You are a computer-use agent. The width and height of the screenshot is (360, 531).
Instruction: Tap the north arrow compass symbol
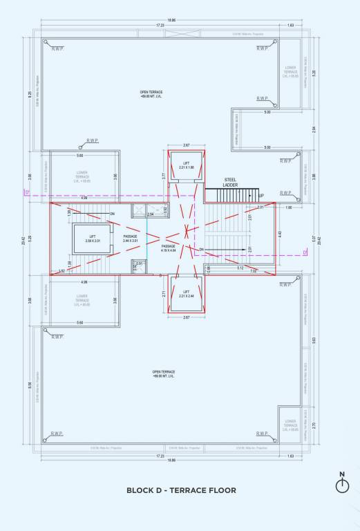coord(341,485)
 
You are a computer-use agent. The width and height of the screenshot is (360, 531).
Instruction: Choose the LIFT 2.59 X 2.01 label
coord(93,239)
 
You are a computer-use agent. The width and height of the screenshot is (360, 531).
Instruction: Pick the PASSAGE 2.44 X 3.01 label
coord(130,239)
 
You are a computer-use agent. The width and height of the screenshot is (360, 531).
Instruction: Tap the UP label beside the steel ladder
coord(260,196)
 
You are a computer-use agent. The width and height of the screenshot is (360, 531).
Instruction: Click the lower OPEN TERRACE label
coord(163,373)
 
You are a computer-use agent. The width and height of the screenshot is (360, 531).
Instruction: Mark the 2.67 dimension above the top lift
coord(186,145)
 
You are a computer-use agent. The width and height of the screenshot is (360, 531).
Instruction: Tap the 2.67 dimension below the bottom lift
coord(185,317)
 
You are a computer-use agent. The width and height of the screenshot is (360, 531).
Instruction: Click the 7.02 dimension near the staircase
coord(253,271)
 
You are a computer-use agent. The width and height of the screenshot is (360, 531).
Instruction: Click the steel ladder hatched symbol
coord(231,194)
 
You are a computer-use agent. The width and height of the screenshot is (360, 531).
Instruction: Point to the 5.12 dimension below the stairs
coord(240,268)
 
